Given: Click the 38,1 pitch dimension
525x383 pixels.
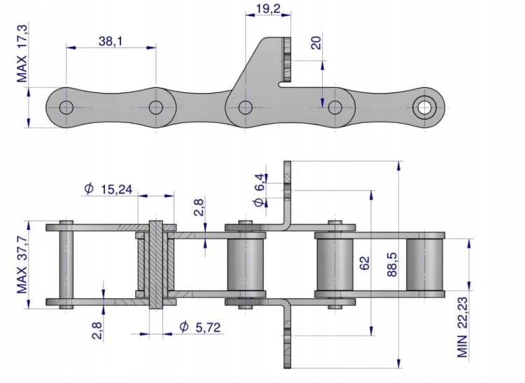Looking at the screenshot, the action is [x=111, y=41].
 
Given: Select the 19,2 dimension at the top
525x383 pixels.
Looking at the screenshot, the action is [x=268, y=8].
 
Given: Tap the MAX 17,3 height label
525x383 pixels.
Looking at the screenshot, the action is [x=22, y=53].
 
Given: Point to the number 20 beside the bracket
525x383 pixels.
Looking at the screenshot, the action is [x=316, y=43].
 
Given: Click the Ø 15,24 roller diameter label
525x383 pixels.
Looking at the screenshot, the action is [x=108, y=189].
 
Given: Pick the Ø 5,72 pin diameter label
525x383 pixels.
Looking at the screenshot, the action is [x=200, y=327].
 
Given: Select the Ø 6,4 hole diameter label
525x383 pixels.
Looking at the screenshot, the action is [x=260, y=190].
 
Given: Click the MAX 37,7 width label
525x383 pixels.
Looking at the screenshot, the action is [x=22, y=264].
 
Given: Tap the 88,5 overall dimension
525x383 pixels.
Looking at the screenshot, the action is [x=392, y=264].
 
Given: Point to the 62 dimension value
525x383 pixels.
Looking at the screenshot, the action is [x=364, y=263].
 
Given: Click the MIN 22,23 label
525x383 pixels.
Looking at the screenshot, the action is [x=463, y=327].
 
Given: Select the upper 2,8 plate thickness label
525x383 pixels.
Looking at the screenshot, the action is [x=199, y=207].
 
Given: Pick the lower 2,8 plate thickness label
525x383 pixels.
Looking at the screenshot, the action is [x=97, y=330].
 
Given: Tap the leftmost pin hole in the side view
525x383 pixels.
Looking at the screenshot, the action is [x=66, y=108].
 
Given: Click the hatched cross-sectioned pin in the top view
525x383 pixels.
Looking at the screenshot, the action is [x=155, y=264].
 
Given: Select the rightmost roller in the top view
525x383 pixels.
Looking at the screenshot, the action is [x=425, y=265].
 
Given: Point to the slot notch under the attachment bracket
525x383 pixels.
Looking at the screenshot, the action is [x=285, y=85].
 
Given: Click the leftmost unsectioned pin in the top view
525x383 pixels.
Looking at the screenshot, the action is [x=66, y=265].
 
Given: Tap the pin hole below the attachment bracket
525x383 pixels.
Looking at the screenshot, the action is [x=246, y=108].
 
